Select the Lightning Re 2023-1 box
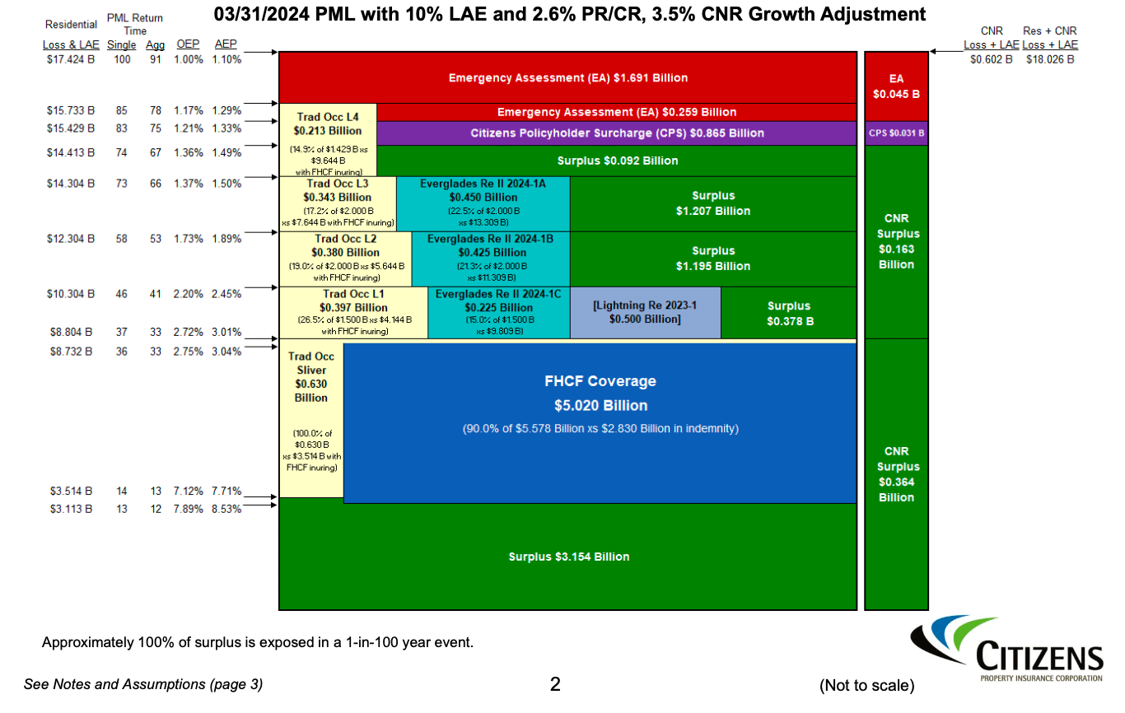(x=645, y=312)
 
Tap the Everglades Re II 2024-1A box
(x=483, y=203)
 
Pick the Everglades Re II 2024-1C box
(x=498, y=312)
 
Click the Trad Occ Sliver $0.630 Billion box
(x=311, y=416)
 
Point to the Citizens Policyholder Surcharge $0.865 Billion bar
(x=616, y=133)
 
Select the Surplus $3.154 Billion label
(x=568, y=557)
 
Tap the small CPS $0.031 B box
(x=896, y=133)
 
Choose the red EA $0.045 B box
(x=896, y=86)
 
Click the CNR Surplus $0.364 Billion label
(x=896, y=474)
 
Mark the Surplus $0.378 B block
(x=788, y=313)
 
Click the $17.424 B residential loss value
(x=70, y=59)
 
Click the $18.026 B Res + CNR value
(x=1050, y=59)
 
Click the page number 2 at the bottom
(x=555, y=684)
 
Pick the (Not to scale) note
(x=866, y=685)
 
